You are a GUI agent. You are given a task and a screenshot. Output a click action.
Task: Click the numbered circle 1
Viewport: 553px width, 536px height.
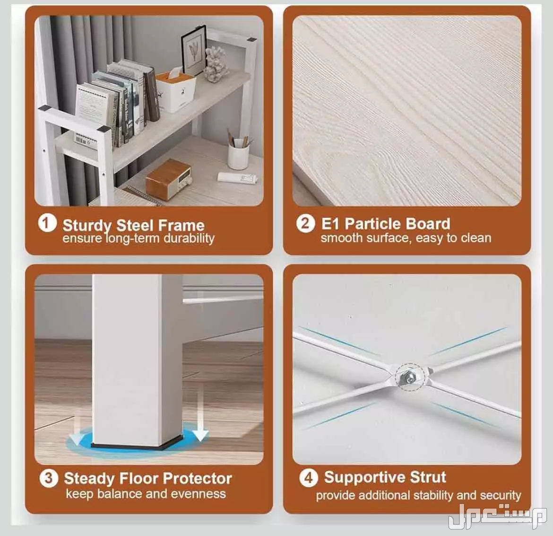coord(47,223)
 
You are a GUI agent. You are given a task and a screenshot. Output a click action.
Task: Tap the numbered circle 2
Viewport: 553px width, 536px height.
coord(305,223)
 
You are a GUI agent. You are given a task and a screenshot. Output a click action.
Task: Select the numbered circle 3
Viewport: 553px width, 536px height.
coord(49,478)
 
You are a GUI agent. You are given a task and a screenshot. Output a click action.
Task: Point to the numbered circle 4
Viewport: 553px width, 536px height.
coord(309,478)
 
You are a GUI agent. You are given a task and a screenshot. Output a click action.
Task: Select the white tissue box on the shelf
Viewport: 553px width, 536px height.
coord(176,91)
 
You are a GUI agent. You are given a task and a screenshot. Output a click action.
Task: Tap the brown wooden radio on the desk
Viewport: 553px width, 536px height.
coord(168,179)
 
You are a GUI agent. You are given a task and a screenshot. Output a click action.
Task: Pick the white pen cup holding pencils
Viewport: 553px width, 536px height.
coord(238,154)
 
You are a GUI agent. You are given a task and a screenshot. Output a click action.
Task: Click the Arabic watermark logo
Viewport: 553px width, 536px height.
coord(497,517)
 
